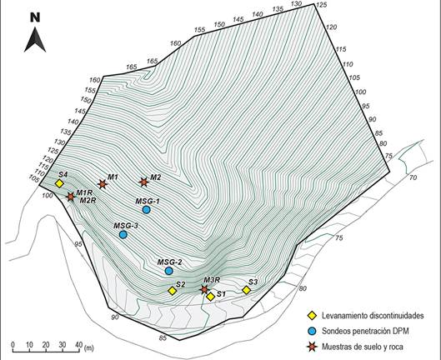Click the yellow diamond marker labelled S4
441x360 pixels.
[59, 183]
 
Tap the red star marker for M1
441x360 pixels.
[103, 184]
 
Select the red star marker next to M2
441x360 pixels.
[143, 182]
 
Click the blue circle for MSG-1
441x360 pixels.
[146, 209]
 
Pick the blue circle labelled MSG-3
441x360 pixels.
[123, 234]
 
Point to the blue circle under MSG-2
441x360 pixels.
[168, 271]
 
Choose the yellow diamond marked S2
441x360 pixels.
[172, 291]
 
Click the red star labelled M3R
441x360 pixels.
[204, 289]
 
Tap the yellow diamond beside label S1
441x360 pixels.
[211, 297]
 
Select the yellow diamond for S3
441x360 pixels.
[247, 290]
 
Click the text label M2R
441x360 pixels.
[88, 201]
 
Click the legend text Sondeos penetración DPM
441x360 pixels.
[365, 331]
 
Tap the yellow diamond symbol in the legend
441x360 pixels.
[311, 316]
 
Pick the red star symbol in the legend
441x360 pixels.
[311, 347]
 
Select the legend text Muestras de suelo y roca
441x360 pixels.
[363, 347]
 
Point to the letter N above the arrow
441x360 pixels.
[35, 17]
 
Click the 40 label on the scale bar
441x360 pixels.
[79, 344]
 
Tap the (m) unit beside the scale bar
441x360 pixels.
[89, 347]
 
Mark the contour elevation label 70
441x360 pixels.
[413, 177]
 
